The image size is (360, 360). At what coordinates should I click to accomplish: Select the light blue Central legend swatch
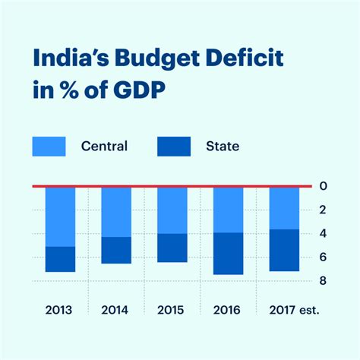pyautogui.click(x=49, y=146)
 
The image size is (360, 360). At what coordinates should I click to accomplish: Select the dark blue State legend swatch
pyautogui.click(x=174, y=146)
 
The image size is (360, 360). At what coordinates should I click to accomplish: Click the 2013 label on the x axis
pyautogui.click(x=60, y=310)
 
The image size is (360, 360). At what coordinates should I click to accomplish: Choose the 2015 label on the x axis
pyautogui.click(x=172, y=310)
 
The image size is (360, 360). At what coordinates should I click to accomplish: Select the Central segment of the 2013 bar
pyautogui.click(x=60, y=216)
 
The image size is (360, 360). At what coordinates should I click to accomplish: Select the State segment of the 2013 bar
pyautogui.click(x=60, y=259)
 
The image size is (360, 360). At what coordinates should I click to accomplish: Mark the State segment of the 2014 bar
pyautogui.click(x=116, y=250)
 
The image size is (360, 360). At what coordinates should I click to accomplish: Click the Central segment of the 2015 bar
pyautogui.click(x=172, y=210)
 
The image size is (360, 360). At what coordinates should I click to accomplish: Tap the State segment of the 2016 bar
pyautogui.click(x=228, y=254)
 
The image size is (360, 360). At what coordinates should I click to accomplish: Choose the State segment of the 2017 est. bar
pyautogui.click(x=284, y=250)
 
